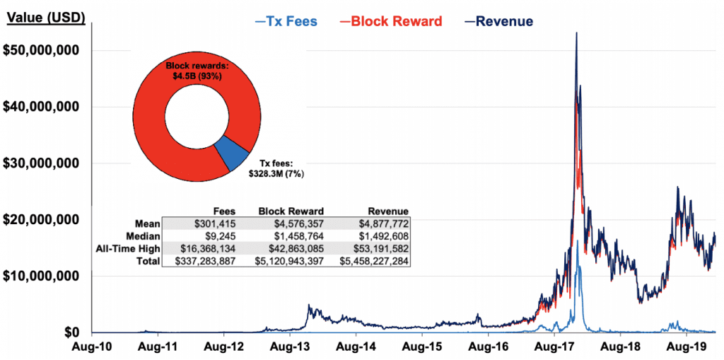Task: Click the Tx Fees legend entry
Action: tap(287, 21)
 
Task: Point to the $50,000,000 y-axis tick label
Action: tap(45, 51)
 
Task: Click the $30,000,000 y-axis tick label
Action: tap(45, 163)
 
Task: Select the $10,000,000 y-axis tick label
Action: tap(45, 276)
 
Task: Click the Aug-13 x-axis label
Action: tap(287, 347)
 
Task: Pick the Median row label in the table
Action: tap(144, 236)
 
